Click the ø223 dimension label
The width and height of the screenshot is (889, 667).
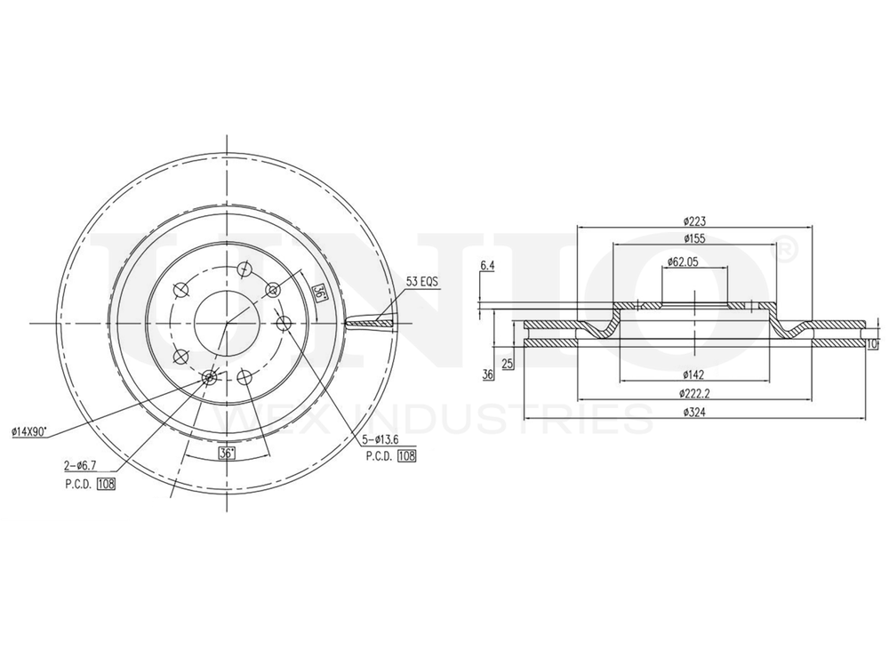tap(694, 221)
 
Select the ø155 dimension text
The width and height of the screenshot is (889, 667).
tap(694, 238)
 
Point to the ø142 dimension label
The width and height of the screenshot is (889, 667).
tap(694, 374)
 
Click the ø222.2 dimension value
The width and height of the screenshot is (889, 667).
tap(694, 392)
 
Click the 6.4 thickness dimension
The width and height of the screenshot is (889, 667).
tap(486, 265)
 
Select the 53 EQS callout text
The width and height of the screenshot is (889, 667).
tap(423, 282)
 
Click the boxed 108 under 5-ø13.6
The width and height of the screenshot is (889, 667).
tap(407, 456)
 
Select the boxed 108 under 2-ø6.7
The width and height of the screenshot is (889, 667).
tap(107, 484)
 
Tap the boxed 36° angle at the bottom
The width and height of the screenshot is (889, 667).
tap(227, 454)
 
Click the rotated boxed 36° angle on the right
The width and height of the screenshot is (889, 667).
tap(318, 293)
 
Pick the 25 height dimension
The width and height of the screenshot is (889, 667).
tap(507, 364)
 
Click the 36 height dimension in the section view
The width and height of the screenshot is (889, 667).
tap(487, 374)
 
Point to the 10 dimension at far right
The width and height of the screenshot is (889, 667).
tap(872, 343)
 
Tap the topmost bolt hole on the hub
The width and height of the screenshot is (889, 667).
tap(245, 267)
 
